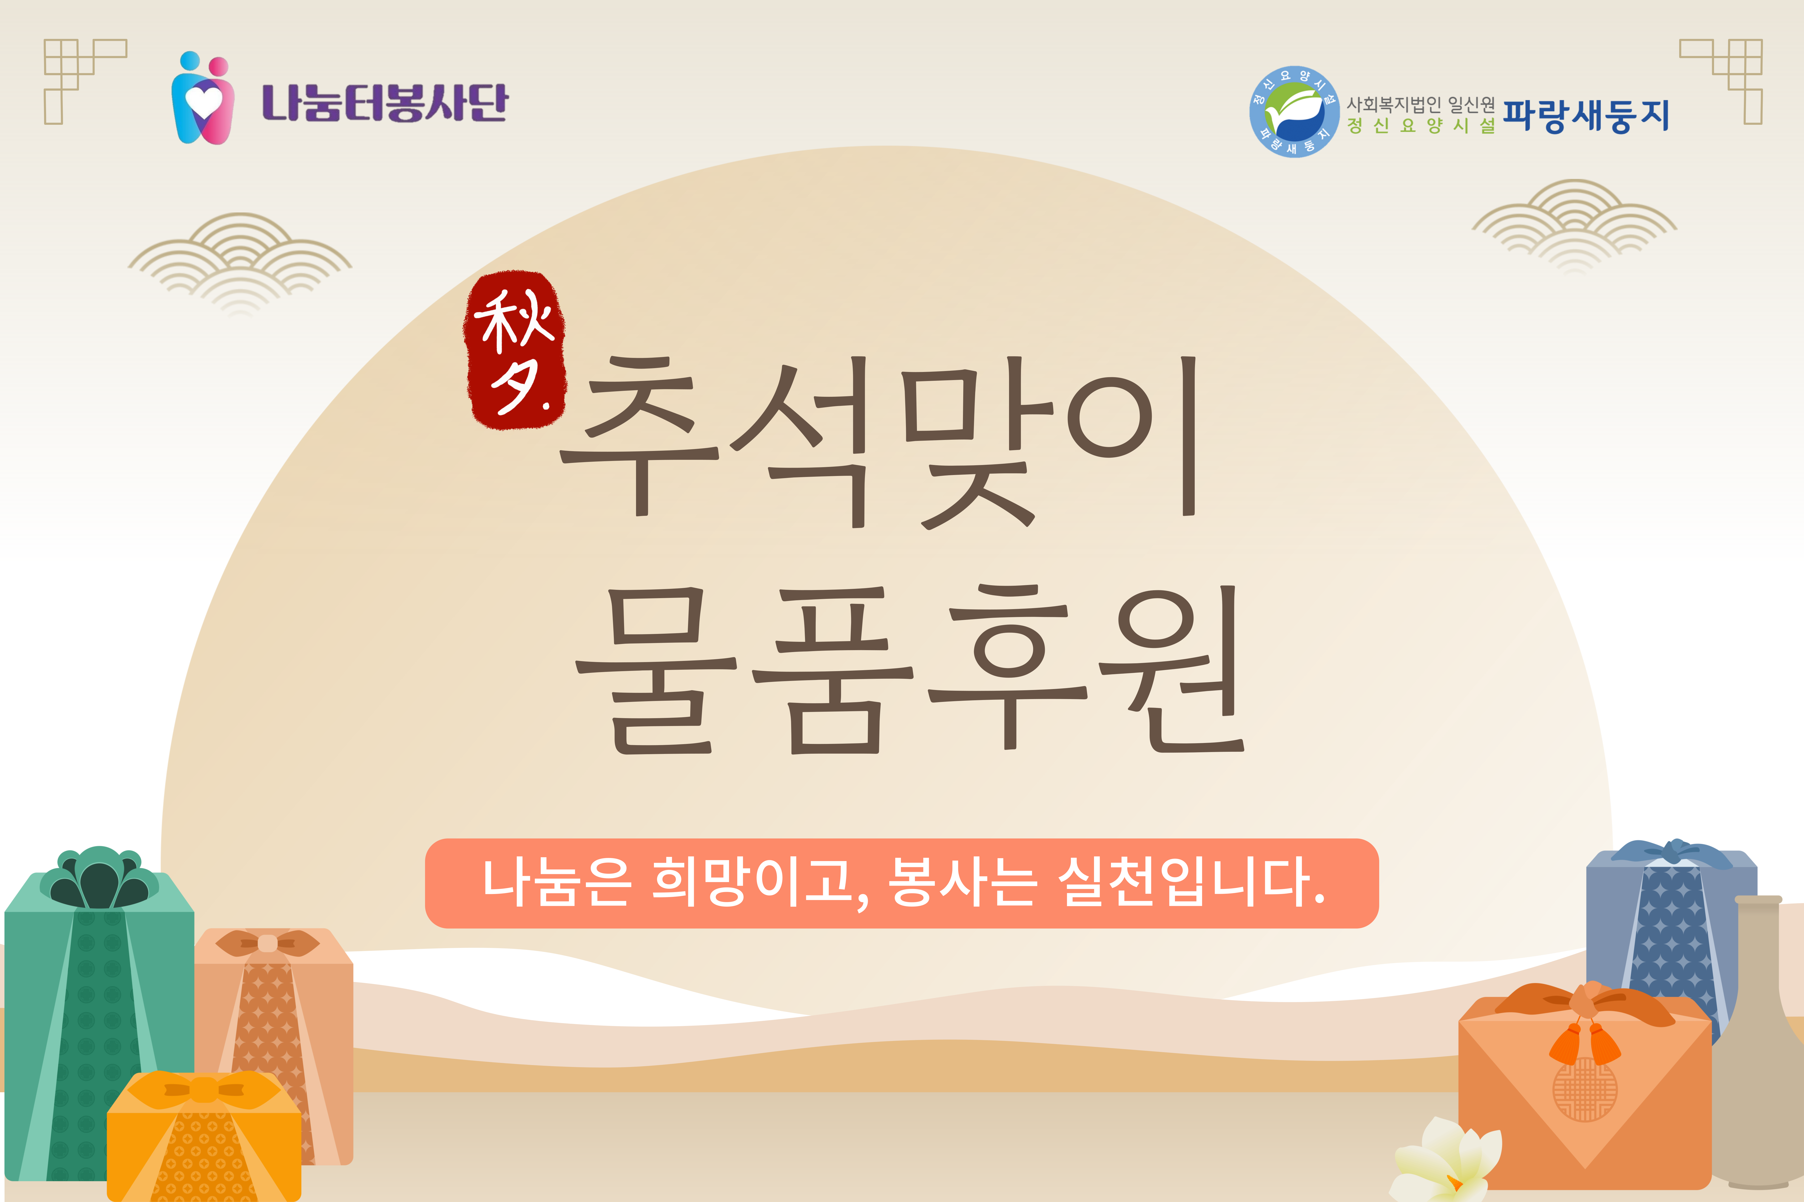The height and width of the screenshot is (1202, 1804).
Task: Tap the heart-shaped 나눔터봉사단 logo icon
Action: coord(202,98)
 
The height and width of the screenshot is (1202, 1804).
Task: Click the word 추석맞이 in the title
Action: coord(879,442)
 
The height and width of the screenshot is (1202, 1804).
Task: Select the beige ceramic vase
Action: coord(1761,1043)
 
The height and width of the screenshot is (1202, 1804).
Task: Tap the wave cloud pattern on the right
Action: coord(1574,226)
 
